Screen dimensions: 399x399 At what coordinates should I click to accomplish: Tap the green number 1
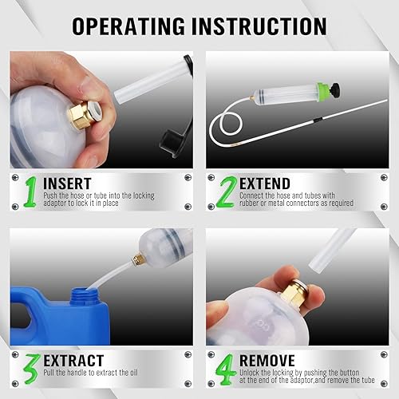pyautogui.click(x=30, y=192)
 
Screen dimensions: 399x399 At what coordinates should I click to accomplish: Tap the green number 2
pyautogui.click(x=227, y=192)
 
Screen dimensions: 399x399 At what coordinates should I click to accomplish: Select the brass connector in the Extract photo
pyautogui.click(x=138, y=259)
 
